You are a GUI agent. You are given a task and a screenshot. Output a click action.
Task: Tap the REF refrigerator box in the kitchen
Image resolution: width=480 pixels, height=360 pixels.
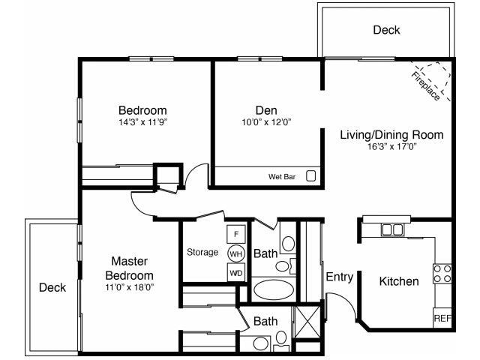click(442, 319)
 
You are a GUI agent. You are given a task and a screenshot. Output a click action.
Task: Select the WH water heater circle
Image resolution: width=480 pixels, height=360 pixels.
click(236, 253)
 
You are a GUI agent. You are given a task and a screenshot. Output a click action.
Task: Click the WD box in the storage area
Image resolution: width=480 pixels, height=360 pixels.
click(236, 272)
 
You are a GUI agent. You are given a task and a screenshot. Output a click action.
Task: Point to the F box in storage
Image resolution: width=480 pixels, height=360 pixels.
click(236, 233)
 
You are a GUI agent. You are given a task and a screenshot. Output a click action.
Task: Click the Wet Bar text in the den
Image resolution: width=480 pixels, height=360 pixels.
click(281, 177)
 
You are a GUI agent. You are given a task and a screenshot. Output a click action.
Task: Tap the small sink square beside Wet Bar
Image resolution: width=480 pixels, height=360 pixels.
click(310, 176)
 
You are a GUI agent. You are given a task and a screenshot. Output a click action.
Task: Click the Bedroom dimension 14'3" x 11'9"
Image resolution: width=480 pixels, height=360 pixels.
click(142, 121)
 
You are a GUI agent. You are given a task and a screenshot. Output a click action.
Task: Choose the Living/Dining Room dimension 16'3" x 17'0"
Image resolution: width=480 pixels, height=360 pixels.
click(391, 147)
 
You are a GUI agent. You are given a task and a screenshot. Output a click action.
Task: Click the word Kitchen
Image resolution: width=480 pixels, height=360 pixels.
click(398, 281)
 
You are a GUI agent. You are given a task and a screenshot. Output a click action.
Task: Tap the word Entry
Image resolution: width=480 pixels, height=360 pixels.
click(339, 277)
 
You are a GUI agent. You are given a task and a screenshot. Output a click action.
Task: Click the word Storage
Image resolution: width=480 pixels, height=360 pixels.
click(202, 252)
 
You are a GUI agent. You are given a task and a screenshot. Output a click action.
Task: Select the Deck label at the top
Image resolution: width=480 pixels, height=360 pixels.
click(386, 30)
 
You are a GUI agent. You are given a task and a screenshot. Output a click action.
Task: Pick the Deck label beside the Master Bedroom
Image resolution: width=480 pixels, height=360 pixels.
click(52, 287)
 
